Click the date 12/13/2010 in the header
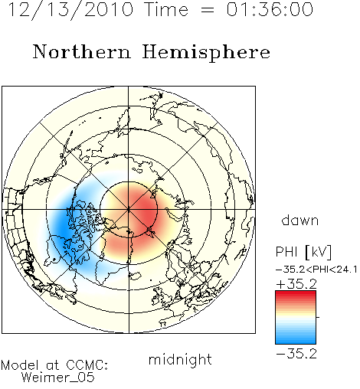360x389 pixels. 70,10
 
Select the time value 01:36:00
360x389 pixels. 270,9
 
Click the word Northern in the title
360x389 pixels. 82,52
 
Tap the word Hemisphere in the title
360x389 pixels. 206,53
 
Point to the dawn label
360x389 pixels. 300,220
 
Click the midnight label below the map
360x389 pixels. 180,359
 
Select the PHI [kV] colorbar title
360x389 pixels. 303,252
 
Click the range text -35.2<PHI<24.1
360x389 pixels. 316,270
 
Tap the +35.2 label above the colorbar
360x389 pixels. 296,284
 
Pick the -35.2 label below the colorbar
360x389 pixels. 296,354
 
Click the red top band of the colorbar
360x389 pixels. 296,293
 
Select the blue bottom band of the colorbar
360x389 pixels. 296,341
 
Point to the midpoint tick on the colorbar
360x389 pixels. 318,317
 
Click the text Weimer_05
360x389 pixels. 58,378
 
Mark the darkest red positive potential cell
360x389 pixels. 147,214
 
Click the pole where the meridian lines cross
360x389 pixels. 129,210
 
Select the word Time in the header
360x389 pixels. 166,9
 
